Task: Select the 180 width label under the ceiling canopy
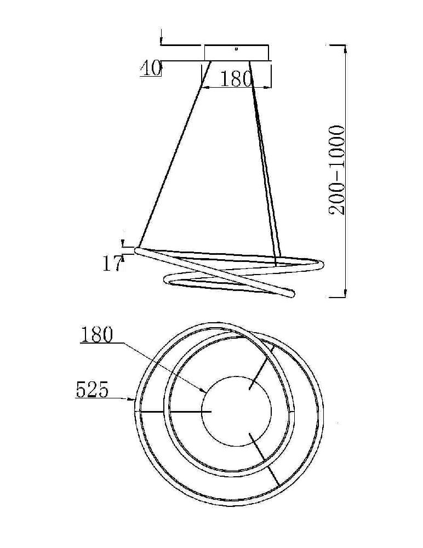click(x=236, y=79)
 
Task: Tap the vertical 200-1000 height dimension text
click(x=338, y=170)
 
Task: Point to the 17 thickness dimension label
click(x=111, y=264)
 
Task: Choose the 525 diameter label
click(x=92, y=390)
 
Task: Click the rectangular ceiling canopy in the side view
click(x=237, y=53)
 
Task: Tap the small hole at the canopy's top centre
click(x=236, y=48)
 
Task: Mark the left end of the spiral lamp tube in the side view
click(x=139, y=250)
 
